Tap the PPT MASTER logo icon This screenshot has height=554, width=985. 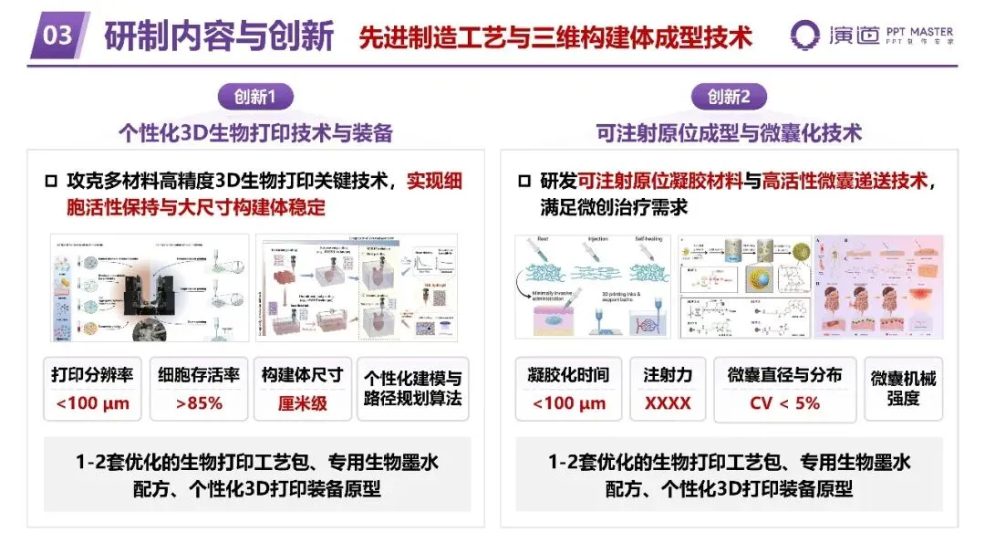806,36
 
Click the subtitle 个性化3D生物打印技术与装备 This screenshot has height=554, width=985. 255,132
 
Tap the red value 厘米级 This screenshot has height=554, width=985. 302,402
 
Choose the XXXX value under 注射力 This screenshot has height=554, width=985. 667,402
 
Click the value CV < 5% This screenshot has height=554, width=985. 784,402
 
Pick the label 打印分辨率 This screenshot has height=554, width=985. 92,375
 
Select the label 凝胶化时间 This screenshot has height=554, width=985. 568,375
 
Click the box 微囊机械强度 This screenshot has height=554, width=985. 903,388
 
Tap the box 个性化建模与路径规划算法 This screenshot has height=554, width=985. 412,388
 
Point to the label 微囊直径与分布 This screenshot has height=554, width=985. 784,375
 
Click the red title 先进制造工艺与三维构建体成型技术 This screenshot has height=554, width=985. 555,37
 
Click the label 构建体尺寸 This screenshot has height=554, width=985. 302,375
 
